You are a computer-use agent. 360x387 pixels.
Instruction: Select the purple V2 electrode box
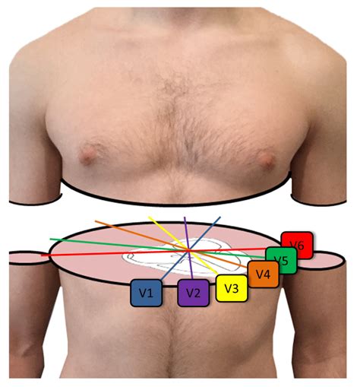193,293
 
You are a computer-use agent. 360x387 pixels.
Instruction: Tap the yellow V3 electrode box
232,288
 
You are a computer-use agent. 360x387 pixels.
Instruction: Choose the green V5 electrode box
281,261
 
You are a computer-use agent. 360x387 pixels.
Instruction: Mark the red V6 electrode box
297,246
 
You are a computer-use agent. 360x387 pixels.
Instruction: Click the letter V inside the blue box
142,292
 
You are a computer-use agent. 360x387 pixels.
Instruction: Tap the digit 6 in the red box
302,246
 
